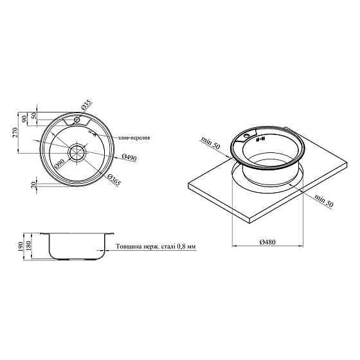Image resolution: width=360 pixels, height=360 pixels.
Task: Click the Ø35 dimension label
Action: pos(87,104)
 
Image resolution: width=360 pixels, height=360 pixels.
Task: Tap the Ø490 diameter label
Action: pos(129,157)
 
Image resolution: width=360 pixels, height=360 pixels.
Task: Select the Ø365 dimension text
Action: pos(114,179)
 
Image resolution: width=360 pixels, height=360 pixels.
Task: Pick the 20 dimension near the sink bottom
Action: pos(33,184)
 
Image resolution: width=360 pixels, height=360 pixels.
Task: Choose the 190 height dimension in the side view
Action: pos(20,246)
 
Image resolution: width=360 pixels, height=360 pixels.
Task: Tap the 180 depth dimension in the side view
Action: pos(28,246)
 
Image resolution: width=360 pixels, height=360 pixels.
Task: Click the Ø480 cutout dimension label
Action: pos(267,242)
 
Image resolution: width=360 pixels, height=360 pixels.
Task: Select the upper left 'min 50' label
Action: pos(210,143)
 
